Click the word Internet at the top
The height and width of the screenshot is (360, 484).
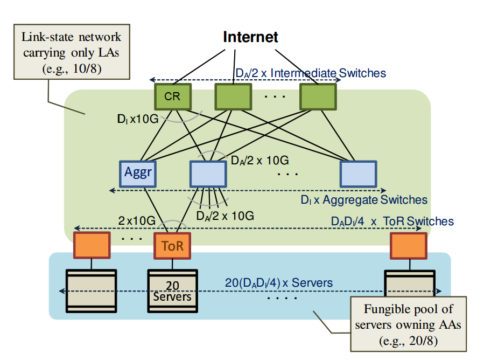point(250,37)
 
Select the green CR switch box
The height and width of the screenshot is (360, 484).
point(173,97)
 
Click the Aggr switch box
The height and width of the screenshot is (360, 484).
point(137,173)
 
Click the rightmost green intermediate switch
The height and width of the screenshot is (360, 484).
point(318,97)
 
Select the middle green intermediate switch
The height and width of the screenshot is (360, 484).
point(233,97)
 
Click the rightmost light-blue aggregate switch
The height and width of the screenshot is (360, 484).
point(358,173)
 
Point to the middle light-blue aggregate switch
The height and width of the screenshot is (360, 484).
point(208,173)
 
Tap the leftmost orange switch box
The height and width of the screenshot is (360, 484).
point(92,245)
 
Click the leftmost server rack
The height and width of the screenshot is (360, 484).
point(91,291)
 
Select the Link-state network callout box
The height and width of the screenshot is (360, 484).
point(71,53)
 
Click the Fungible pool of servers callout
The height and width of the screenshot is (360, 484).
point(408,324)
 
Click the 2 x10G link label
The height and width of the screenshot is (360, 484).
point(137,220)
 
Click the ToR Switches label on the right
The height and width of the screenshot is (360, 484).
point(392,221)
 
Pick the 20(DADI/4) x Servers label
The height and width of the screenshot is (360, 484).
point(279,282)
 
